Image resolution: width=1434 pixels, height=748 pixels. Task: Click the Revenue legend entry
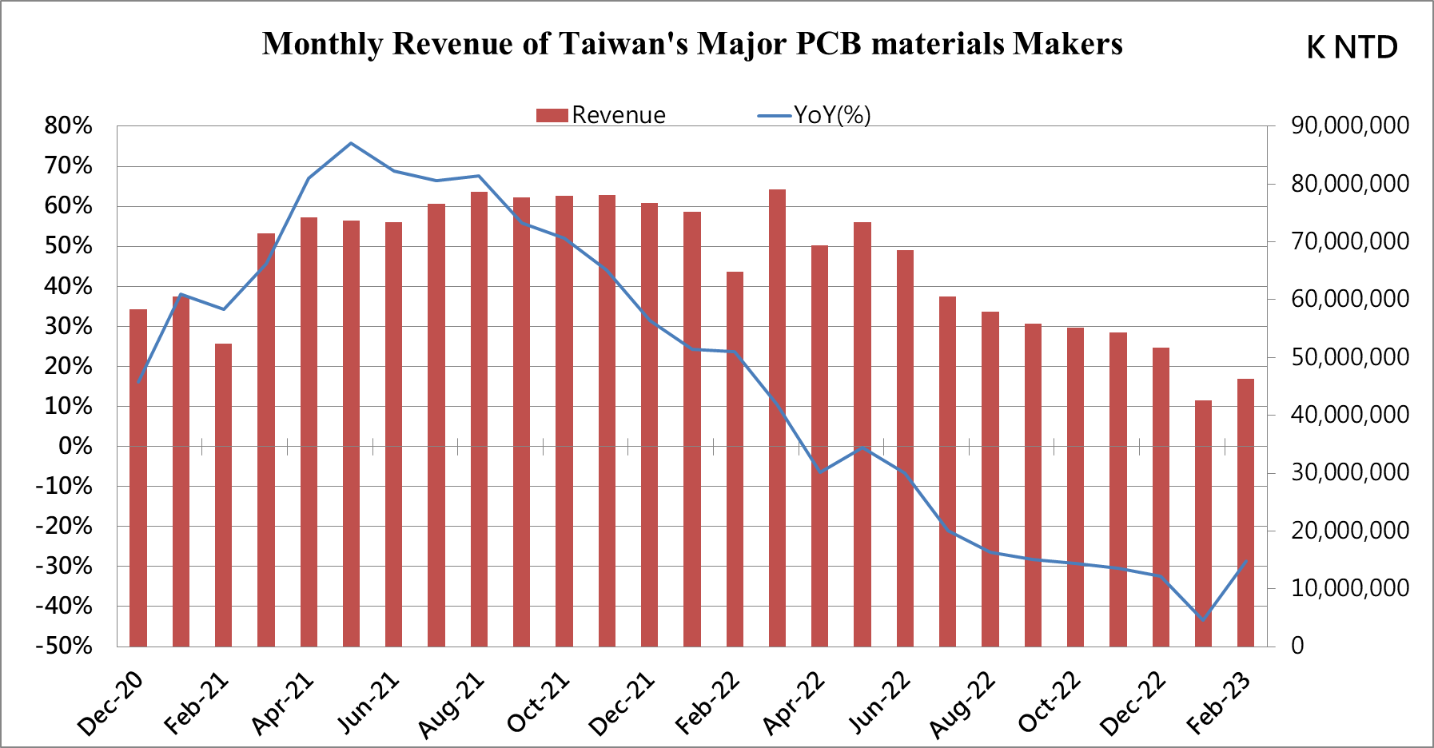click(x=601, y=115)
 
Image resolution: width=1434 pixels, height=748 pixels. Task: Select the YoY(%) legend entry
click(x=815, y=115)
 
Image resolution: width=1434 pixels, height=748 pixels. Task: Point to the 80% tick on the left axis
click(x=69, y=125)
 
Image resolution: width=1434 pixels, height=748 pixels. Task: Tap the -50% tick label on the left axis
click(x=64, y=646)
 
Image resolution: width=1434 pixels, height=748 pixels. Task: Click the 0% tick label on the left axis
click(x=76, y=446)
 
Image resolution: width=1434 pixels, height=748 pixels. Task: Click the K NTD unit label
click(x=1352, y=47)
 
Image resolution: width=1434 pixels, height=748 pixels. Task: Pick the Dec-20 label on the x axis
click(x=110, y=703)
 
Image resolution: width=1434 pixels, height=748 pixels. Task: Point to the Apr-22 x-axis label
click(x=793, y=703)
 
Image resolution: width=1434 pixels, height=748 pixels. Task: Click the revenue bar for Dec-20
click(x=138, y=479)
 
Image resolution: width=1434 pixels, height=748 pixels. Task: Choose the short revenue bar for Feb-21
click(x=223, y=495)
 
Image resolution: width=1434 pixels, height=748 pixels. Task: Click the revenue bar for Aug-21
click(x=479, y=420)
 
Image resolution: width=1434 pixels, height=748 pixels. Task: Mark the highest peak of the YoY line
click(x=351, y=143)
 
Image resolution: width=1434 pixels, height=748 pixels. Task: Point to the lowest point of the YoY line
click(x=1203, y=619)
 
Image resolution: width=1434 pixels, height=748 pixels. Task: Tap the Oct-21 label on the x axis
click(x=538, y=703)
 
